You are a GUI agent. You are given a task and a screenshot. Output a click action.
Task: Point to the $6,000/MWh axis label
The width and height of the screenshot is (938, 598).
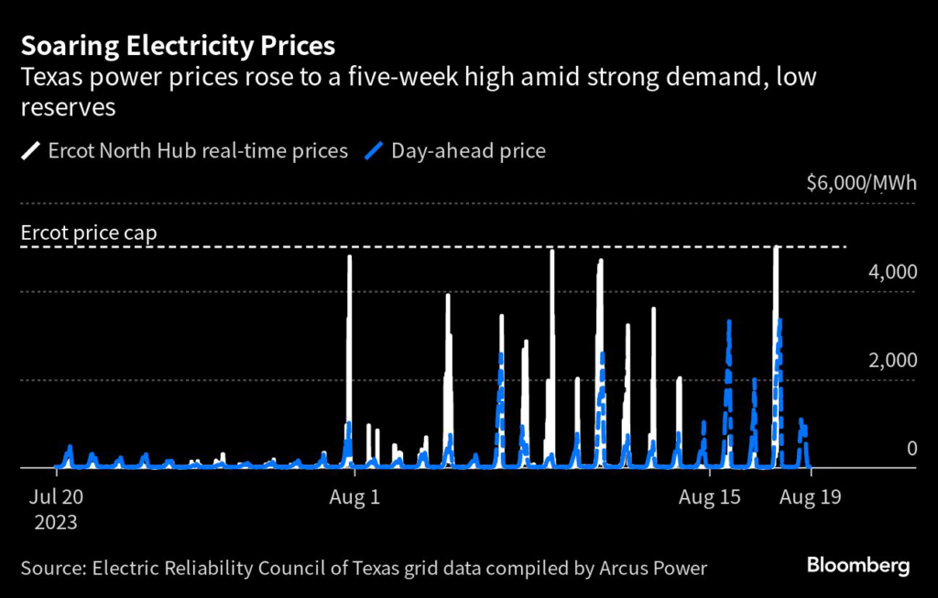(861, 183)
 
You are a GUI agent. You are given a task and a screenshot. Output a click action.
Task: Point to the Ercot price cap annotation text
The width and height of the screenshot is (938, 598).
(89, 233)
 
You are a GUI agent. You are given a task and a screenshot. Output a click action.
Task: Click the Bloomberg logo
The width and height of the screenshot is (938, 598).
(857, 565)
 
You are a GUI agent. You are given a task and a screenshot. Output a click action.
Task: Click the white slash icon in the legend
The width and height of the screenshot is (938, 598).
(29, 151)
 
